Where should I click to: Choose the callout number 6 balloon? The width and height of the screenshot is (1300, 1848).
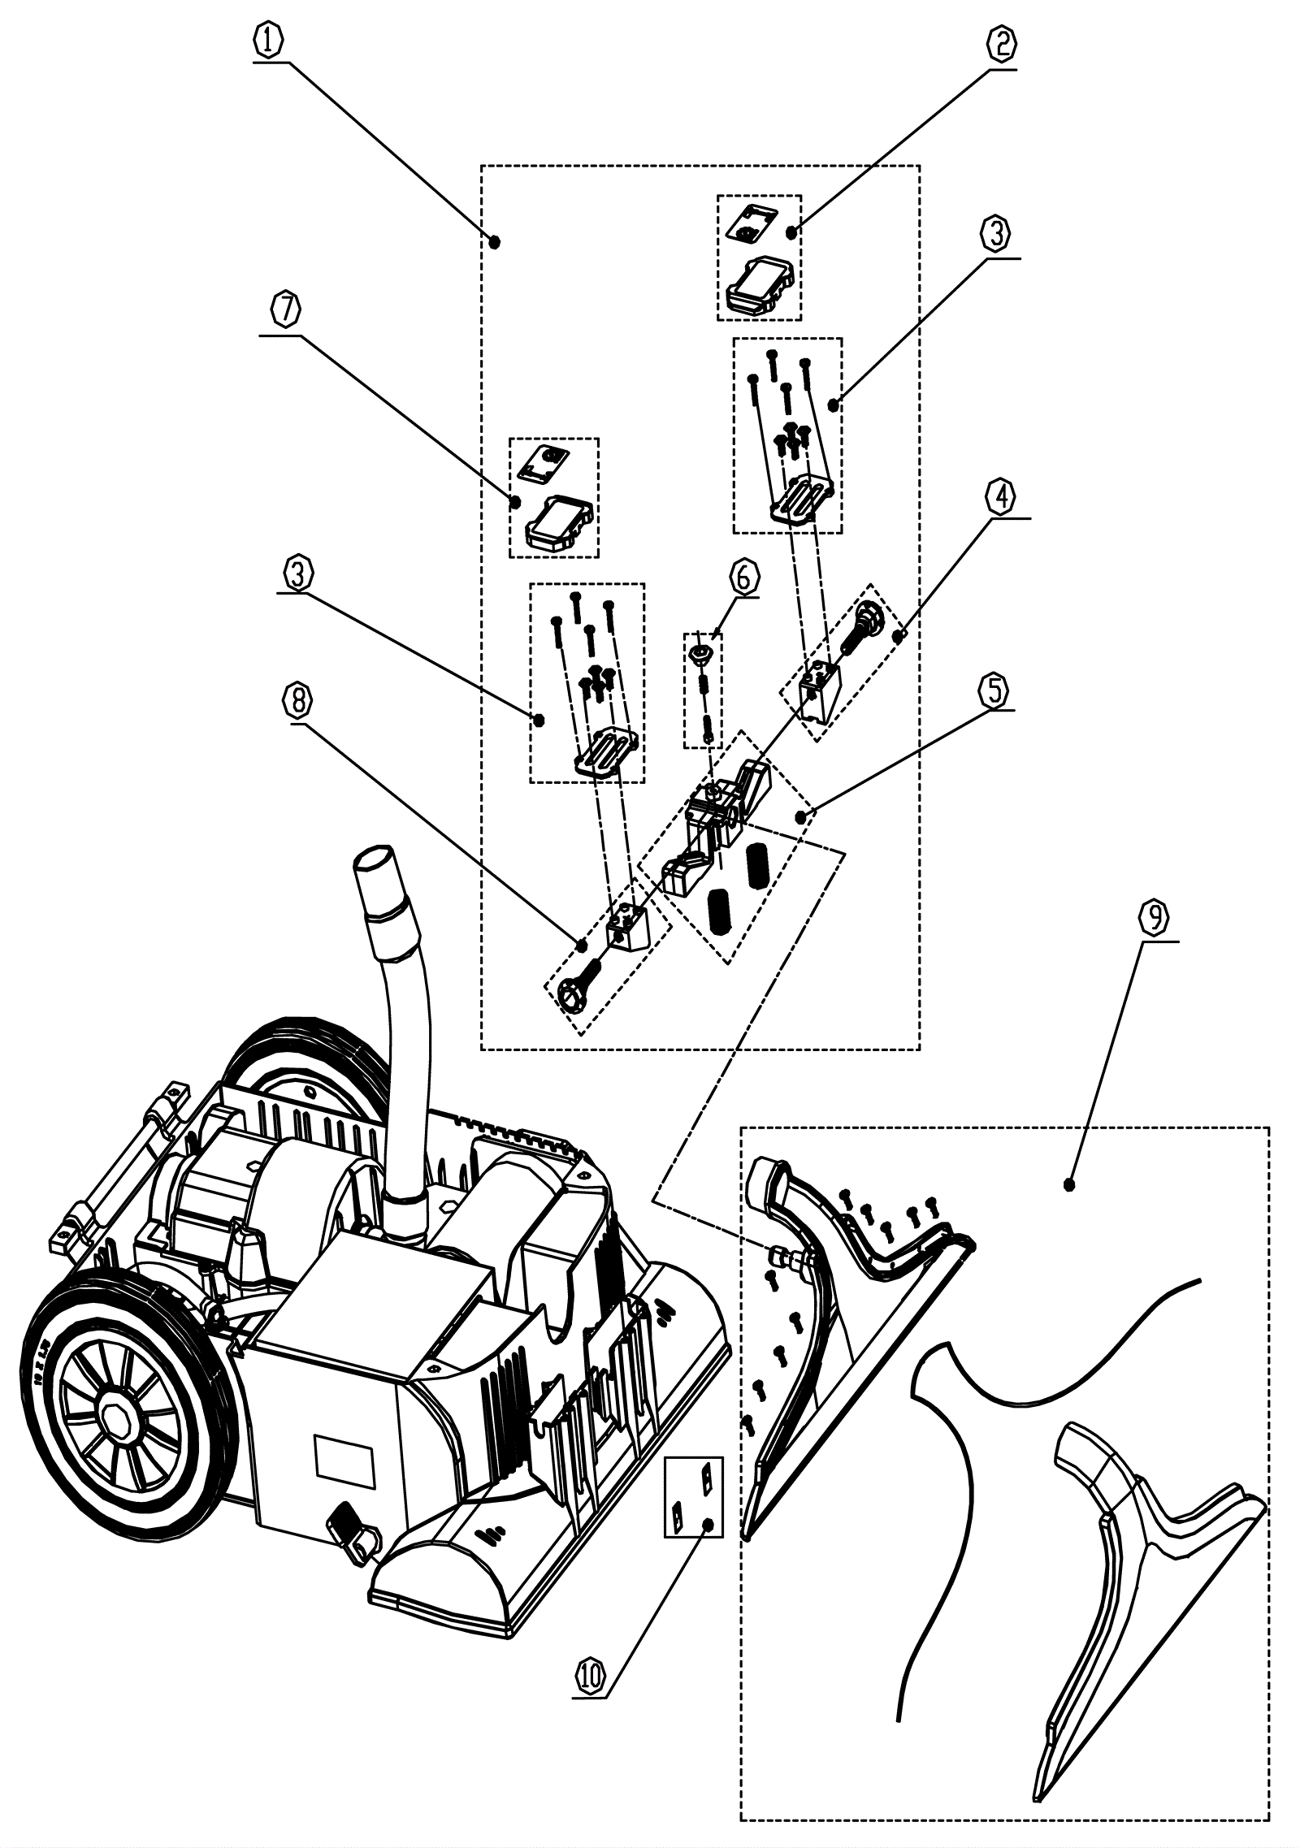744,578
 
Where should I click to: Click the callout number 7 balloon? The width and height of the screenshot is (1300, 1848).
286,310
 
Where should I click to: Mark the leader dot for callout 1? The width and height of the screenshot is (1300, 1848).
496,241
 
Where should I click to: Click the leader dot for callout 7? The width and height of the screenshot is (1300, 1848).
515,502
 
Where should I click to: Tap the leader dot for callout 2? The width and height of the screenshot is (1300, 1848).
791,233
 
